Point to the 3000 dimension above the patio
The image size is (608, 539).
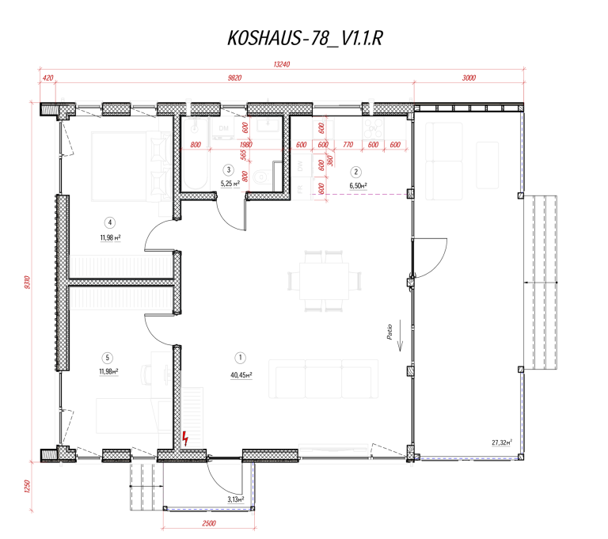(469, 78)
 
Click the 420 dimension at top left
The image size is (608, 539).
(47, 78)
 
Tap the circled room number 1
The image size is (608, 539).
(241, 357)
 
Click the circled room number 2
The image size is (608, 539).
(356, 172)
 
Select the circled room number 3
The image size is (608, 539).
(229, 170)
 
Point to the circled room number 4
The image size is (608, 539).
(109, 222)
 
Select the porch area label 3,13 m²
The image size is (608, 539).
(235, 499)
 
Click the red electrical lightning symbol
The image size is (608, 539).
(186, 438)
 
